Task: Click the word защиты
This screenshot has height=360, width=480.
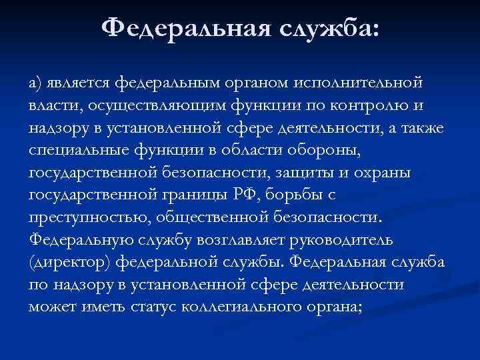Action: click(x=309, y=173)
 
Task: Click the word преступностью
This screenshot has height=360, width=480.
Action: click(x=82, y=219)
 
